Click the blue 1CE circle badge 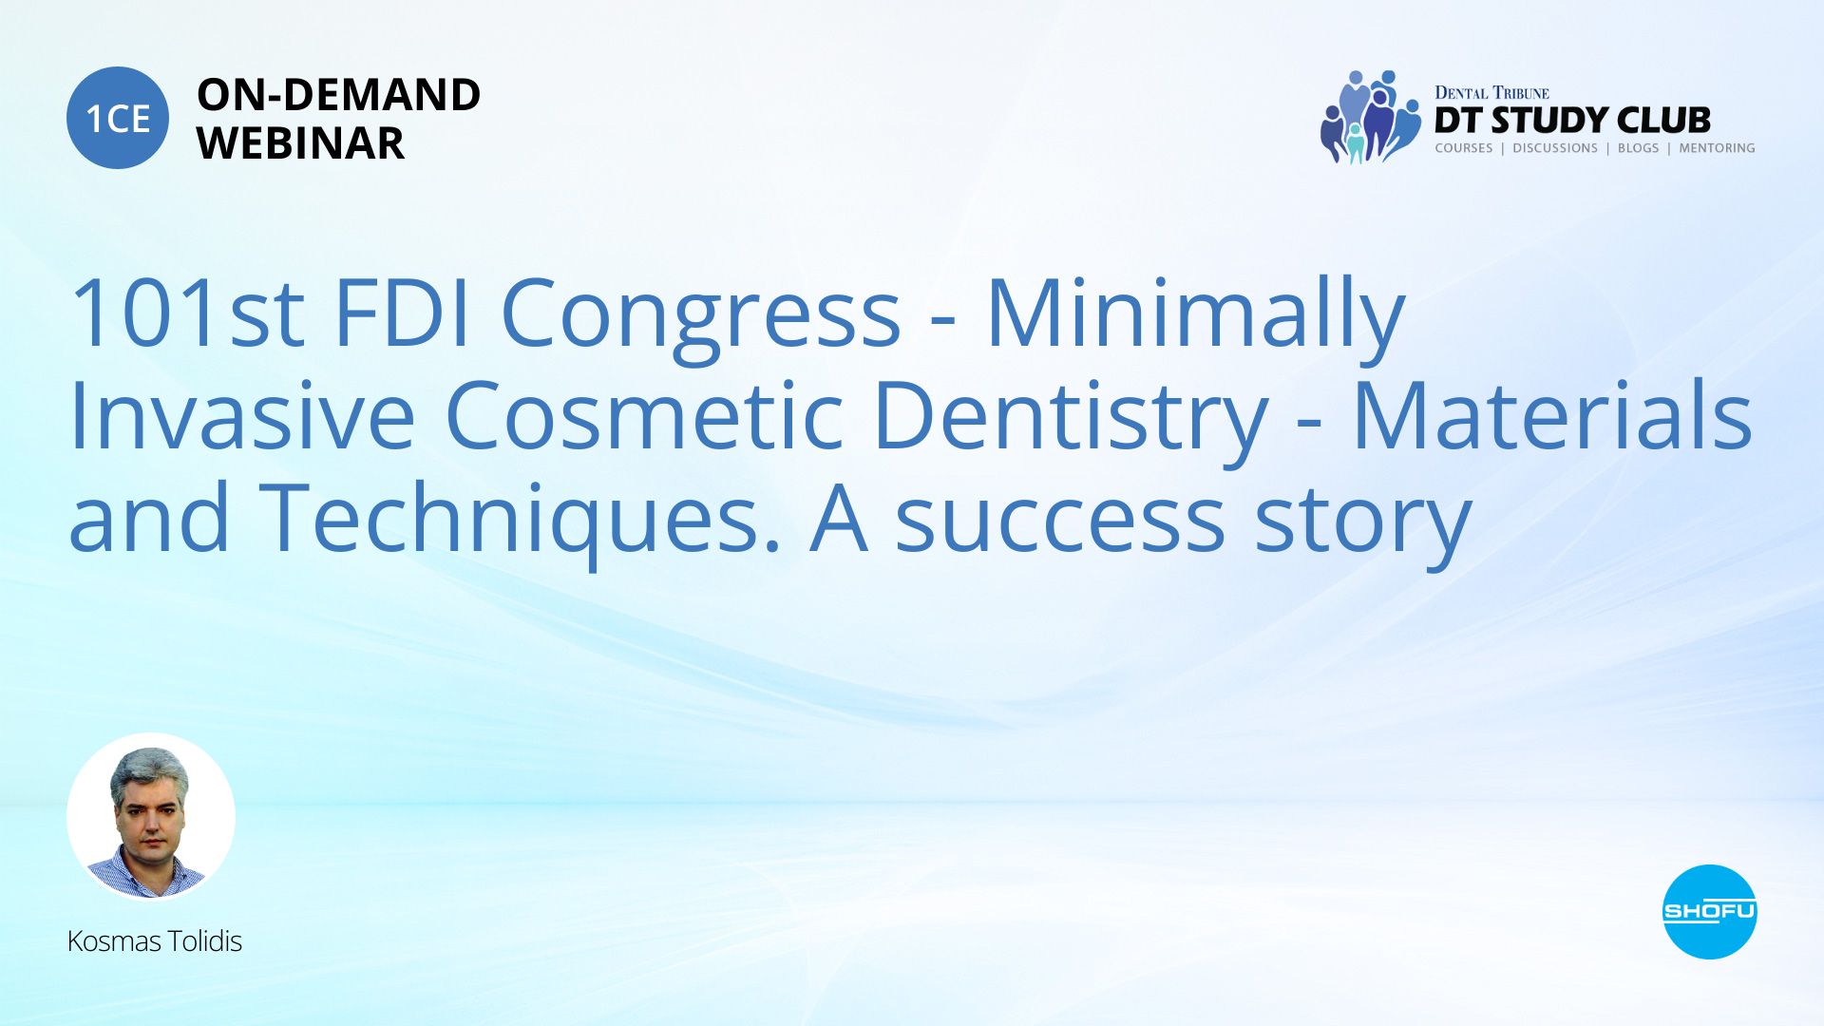118,118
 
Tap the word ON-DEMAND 338,95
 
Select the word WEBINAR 300,143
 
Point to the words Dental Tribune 1491,92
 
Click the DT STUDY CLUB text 1572,121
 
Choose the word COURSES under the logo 1464,148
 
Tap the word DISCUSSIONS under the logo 1555,148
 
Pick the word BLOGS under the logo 1638,148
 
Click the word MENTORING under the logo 1717,148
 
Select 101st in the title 187,313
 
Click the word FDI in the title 403,313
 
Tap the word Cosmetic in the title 644,415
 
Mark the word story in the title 1363,528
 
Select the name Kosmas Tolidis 155,941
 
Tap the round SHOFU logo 1709,912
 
